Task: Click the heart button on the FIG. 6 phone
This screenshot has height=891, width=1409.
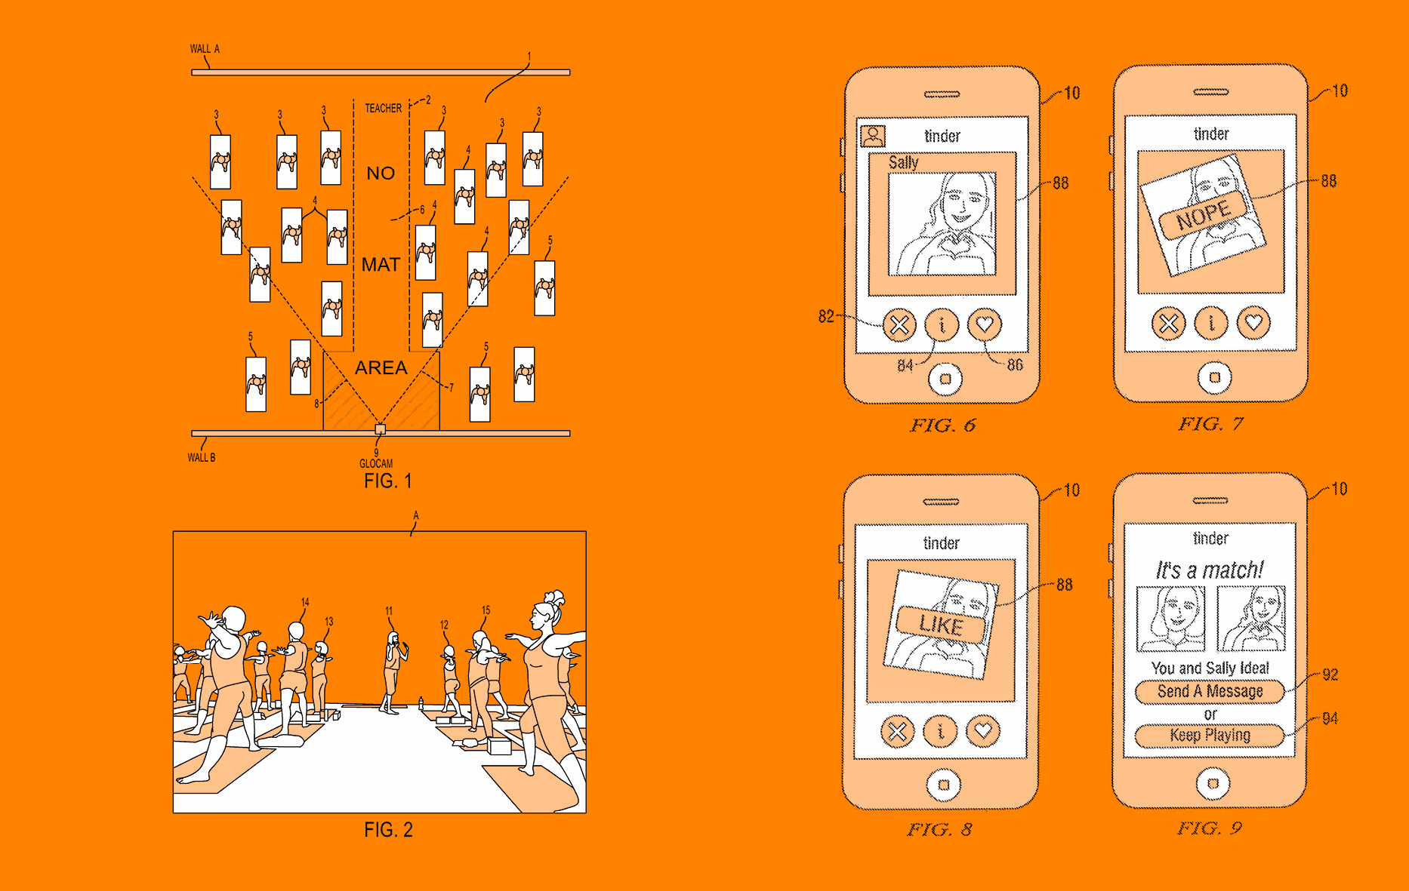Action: pyautogui.click(x=985, y=325)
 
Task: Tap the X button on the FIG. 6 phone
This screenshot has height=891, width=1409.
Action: pyautogui.click(x=899, y=326)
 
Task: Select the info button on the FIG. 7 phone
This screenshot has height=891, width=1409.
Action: pyautogui.click(x=1212, y=324)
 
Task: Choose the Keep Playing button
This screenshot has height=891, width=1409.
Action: pyautogui.click(x=1210, y=735)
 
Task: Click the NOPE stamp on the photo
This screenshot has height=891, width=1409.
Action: pyautogui.click(x=1204, y=215)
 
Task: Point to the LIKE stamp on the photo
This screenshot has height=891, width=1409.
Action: pyautogui.click(x=942, y=625)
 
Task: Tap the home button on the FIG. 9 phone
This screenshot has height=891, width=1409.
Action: pyautogui.click(x=1213, y=783)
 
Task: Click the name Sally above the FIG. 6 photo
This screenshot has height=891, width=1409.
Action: pyautogui.click(x=903, y=162)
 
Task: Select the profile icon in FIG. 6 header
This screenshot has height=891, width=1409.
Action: pyautogui.click(x=873, y=136)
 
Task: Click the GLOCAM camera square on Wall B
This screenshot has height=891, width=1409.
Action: pyautogui.click(x=381, y=429)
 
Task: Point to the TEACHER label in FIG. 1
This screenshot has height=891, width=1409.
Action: pyautogui.click(x=384, y=108)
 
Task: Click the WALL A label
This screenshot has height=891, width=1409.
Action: pyautogui.click(x=205, y=49)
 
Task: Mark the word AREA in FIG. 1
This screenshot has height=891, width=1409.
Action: pyautogui.click(x=381, y=367)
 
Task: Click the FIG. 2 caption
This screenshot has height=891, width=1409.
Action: pyautogui.click(x=388, y=830)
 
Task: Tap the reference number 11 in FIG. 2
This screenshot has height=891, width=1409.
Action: pyautogui.click(x=389, y=611)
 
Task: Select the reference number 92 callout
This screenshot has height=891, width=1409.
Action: pyautogui.click(x=1330, y=674)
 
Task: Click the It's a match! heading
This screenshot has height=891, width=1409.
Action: pyautogui.click(x=1210, y=570)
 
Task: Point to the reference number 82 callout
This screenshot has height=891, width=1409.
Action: pyautogui.click(x=827, y=316)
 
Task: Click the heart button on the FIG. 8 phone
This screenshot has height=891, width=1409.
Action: pyautogui.click(x=983, y=730)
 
